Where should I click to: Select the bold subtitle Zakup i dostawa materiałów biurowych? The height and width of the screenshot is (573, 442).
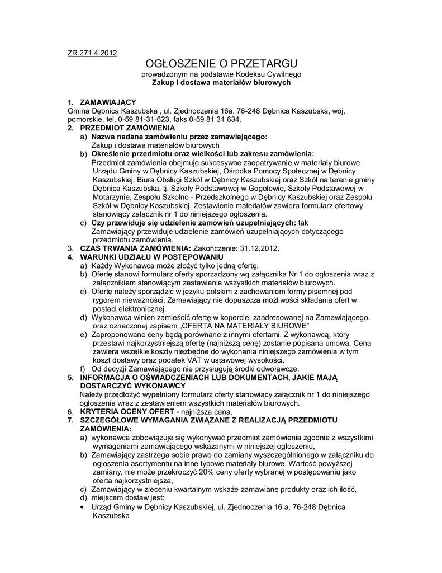click(221, 82)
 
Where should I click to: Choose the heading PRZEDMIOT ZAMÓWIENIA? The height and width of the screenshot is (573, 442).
click(127, 128)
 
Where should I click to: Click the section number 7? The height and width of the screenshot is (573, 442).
click(70, 420)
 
